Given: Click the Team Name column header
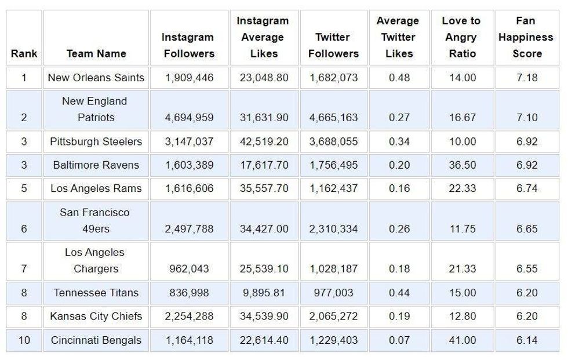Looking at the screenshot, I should point(96,54).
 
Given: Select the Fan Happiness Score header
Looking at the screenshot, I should point(526,37).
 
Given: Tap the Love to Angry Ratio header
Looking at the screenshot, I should point(461,37).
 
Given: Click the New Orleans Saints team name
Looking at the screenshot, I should point(96,78).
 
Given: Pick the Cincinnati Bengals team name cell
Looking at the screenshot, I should point(96,340).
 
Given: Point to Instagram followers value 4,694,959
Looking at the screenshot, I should point(189,118).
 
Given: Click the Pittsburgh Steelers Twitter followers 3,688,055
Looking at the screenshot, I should point(333,141).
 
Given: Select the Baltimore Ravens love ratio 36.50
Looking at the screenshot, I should point(462,165).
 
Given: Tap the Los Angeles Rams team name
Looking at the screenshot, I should point(96,188).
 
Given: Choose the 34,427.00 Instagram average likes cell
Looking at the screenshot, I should point(264,229).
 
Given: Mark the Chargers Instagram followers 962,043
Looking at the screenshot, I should point(189,269).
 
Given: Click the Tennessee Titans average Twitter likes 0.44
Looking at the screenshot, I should point(399,293).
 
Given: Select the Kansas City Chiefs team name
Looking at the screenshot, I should point(96,317).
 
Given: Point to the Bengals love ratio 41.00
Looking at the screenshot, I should point(462,340).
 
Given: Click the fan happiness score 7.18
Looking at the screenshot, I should point(527,78).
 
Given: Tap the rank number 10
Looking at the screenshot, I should point(24,340).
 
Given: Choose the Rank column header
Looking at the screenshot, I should point(24,54).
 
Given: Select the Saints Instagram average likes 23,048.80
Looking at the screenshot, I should point(264,78).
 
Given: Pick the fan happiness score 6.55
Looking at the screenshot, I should point(527,269).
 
